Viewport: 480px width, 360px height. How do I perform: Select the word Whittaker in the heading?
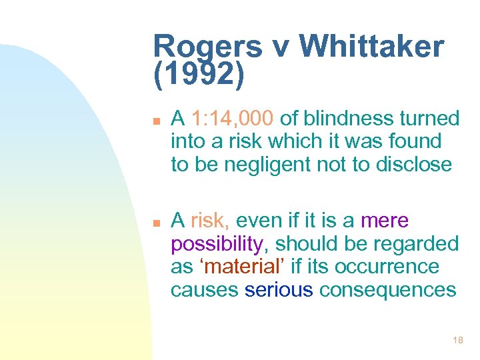tap(372, 47)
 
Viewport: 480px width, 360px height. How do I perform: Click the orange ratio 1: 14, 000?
tap(232, 119)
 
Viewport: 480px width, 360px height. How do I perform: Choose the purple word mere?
tap(384, 221)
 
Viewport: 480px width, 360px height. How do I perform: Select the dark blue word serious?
tap(279, 289)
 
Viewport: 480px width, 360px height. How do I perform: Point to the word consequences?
tap(387, 289)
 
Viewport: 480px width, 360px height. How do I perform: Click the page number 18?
tap(457, 340)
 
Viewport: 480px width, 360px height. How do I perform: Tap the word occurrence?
tap(387, 267)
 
